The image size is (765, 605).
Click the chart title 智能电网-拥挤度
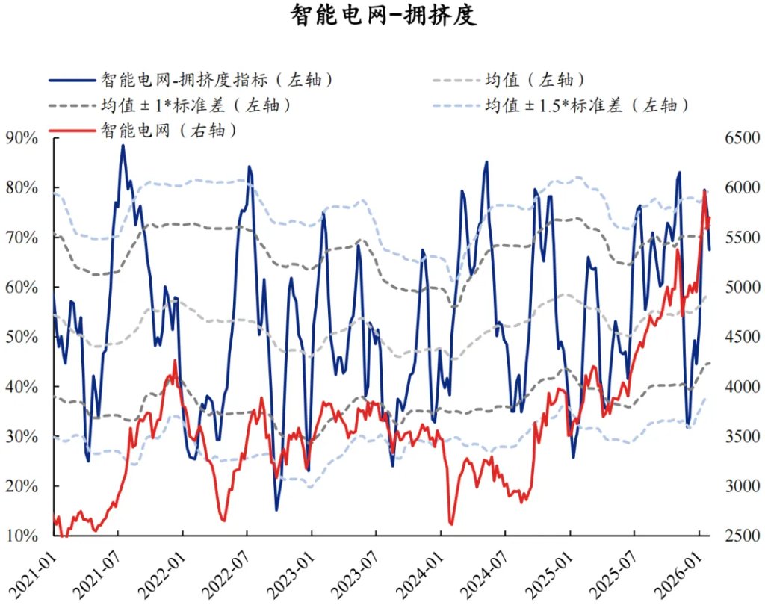[382, 16]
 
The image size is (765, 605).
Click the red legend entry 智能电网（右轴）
[168, 131]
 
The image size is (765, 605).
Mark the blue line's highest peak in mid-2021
[123, 145]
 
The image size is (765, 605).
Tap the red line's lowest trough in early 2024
[450, 524]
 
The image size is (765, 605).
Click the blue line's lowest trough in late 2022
[276, 510]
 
